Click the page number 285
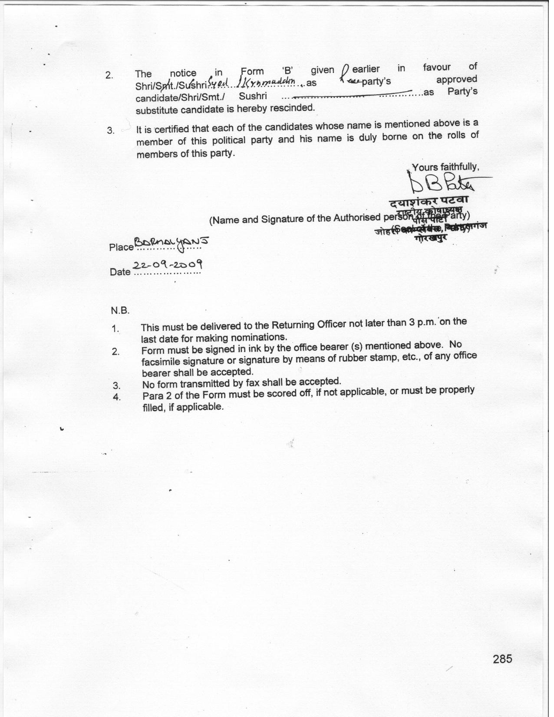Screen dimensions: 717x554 pos(502,659)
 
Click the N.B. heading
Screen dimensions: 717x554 pos(120,311)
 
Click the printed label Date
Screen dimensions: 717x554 pos(120,272)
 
